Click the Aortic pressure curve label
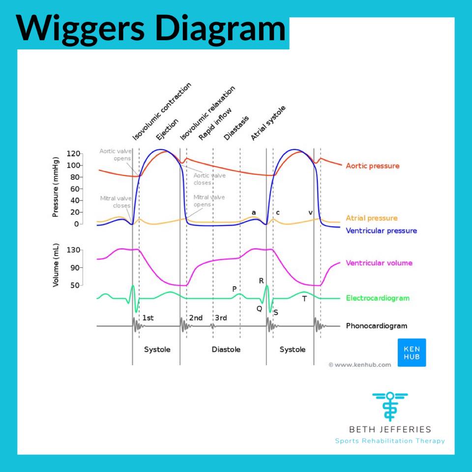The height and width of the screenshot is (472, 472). click(372, 166)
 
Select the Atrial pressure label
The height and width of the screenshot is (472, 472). click(372, 218)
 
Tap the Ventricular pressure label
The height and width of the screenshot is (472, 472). click(382, 231)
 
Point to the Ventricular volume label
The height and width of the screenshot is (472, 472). click(379, 263)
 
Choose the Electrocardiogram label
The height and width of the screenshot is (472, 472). click(378, 298)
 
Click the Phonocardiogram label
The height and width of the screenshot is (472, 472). click(377, 325)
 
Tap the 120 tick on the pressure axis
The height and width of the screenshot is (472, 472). click(73, 154)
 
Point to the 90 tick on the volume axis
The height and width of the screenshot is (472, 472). click(75, 267)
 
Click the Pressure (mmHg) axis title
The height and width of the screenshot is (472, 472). click(56, 187)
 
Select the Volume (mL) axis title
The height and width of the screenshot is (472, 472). click(56, 265)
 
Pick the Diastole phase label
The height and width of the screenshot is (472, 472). click(226, 350)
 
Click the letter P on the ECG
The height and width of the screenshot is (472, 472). click(235, 289)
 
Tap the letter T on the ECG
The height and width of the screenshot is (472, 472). click(304, 298)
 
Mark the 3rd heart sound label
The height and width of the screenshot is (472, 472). click(221, 318)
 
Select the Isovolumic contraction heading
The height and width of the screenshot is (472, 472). click(162, 112)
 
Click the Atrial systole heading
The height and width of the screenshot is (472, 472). click(268, 123)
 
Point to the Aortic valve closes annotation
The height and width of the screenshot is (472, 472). click(209, 179)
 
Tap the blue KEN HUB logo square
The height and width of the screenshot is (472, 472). click(412, 353)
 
